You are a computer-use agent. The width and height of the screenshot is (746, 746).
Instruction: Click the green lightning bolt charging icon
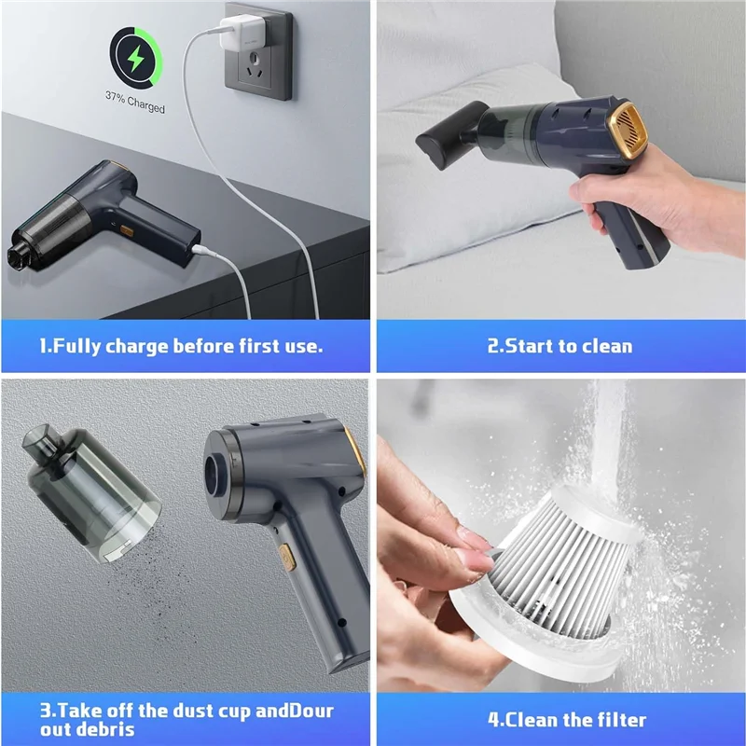135,58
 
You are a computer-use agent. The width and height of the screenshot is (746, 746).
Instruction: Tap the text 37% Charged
135,102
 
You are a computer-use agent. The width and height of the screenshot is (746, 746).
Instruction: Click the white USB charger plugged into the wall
242,33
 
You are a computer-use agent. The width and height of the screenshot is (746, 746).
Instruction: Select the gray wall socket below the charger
258,51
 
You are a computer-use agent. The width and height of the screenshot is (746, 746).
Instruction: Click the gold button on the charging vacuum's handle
127,231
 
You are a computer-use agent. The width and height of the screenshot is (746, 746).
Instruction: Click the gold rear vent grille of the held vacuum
630,126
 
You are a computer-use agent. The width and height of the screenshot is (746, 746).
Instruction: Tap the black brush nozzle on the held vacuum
448,135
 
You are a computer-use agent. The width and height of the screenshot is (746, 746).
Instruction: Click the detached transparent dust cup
90,493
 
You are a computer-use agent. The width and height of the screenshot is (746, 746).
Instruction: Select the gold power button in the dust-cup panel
287,557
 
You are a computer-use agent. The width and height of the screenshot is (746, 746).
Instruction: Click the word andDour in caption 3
295,711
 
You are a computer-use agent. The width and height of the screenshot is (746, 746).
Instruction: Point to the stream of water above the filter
609,437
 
